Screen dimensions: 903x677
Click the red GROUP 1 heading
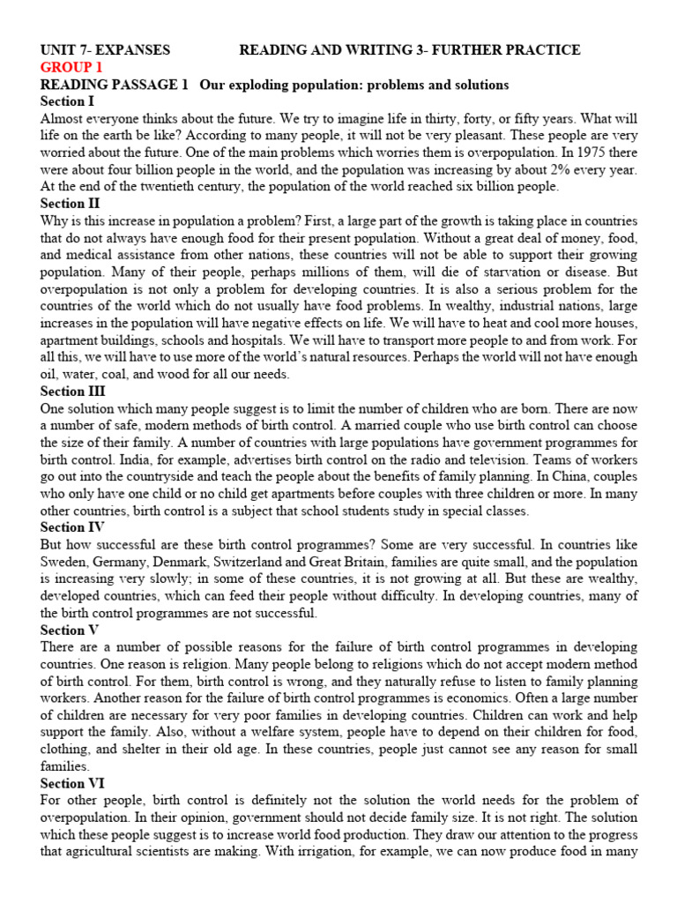pyautogui.click(x=71, y=67)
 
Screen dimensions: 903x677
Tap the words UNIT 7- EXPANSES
pyautogui.click(x=105, y=50)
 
